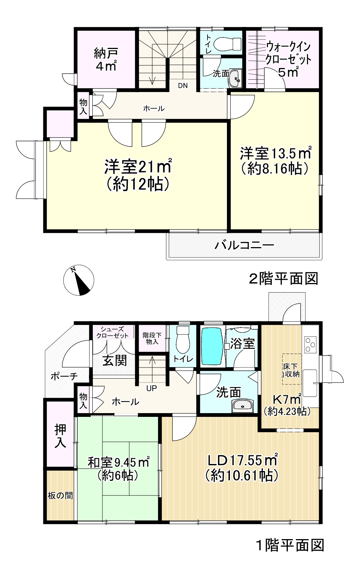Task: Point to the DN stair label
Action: [182, 86]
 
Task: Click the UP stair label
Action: [151, 388]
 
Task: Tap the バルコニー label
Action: [244, 245]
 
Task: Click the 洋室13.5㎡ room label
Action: [276, 160]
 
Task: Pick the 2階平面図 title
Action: [283, 279]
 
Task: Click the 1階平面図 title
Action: [290, 545]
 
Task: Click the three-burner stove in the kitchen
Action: [310, 345]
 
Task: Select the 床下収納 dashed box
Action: [291, 369]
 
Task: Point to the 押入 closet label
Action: [60, 436]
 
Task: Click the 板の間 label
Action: [60, 496]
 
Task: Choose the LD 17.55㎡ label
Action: [241, 467]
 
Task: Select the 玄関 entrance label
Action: [115, 360]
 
